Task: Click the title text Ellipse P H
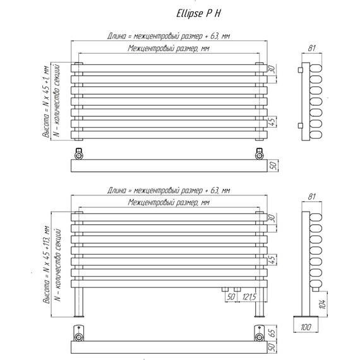(198, 13)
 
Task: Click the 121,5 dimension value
(249, 297)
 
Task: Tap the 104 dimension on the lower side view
(322, 304)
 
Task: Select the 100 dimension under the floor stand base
(306, 327)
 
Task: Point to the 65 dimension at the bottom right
(272, 333)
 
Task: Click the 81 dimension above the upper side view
(311, 48)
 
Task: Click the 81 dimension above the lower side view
(311, 196)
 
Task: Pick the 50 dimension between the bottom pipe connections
(231, 297)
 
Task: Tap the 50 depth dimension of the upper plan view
(272, 165)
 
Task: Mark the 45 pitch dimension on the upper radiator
(272, 122)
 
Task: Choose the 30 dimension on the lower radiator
(272, 218)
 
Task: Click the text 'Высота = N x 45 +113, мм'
(46, 265)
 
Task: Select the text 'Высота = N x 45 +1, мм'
(45, 102)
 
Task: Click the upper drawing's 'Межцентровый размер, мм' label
(169, 49)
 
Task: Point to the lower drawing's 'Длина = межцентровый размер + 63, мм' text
(169, 190)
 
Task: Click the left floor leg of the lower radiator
(79, 302)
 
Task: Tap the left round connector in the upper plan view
(79, 156)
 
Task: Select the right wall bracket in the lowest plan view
(260, 333)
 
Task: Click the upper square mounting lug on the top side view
(300, 69)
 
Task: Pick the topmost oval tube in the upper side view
(316, 68)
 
